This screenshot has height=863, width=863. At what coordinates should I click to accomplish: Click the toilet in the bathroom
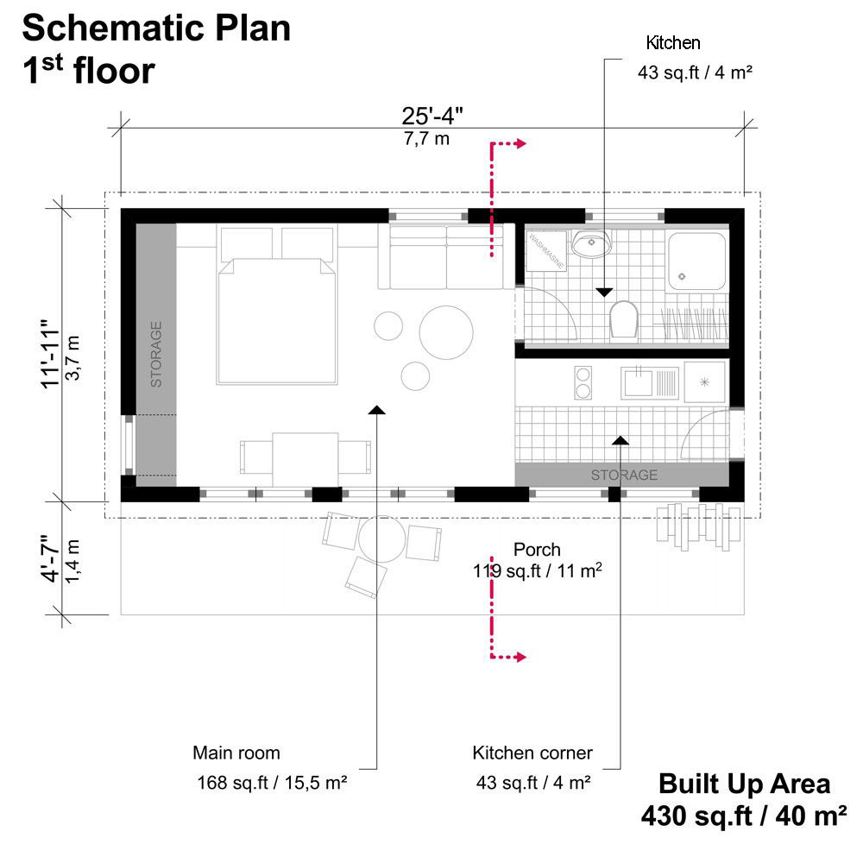622,320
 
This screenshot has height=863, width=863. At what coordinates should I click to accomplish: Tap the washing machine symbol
546,250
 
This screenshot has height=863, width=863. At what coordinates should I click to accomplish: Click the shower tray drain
682,277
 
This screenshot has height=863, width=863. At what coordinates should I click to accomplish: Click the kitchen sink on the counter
639,380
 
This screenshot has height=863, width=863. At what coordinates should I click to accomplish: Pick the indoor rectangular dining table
305,457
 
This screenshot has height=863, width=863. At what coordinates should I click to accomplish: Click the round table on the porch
381,539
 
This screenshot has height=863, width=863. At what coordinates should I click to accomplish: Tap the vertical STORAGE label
156,354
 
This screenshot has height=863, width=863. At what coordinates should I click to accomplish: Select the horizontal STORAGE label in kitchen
624,475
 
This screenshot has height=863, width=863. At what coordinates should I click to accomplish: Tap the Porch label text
537,549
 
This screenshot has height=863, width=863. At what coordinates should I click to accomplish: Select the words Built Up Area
744,784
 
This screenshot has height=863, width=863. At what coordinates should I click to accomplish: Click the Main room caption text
236,753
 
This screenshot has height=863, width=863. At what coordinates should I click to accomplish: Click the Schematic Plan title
156,28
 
